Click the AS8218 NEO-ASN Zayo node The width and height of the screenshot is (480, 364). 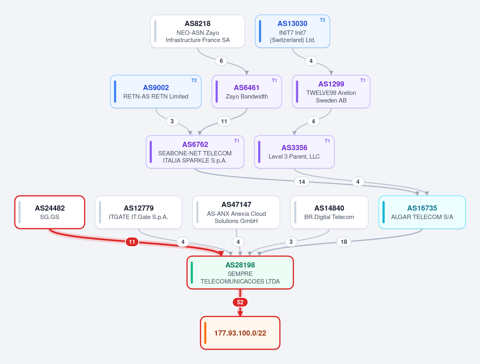(197, 31)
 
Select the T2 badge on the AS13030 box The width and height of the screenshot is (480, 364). (322, 20)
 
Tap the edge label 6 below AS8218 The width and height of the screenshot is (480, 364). (221, 60)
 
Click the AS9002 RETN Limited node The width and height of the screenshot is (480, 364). (156, 92)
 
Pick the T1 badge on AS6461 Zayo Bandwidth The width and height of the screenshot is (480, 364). (274, 80)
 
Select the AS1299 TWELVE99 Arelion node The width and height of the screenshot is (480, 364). (331, 92)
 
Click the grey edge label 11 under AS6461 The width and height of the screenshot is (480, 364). (224, 121)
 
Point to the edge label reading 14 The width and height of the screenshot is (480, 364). (302, 182)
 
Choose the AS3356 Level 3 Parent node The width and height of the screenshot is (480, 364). (294, 152)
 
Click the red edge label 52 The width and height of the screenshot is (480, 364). (240, 302)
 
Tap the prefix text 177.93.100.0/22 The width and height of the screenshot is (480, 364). (240, 333)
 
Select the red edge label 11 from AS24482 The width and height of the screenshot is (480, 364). (132, 242)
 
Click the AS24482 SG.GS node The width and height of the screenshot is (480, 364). (50, 212)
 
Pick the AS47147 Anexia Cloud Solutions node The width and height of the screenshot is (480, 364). (236, 212)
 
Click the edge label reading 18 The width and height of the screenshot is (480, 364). (344, 242)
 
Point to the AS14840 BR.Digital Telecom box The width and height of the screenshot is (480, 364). (329, 212)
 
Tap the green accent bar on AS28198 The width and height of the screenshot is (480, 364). (192, 272)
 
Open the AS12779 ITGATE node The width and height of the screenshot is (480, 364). (139, 212)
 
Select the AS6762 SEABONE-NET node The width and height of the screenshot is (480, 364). (195, 152)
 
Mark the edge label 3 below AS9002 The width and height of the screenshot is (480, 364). (172, 121)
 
